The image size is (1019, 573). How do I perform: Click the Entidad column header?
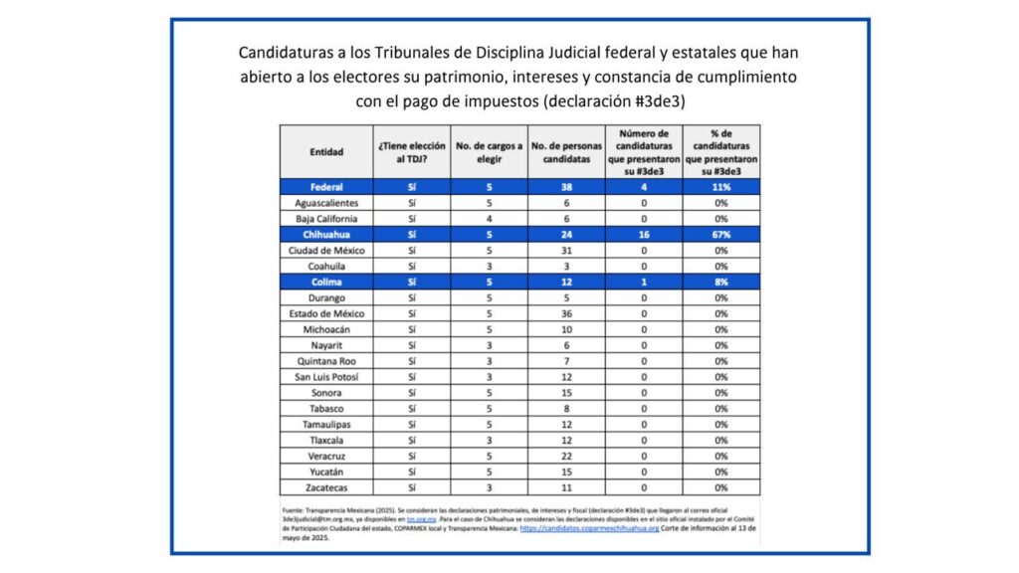tap(325, 152)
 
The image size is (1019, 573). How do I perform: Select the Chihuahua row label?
tap(325, 235)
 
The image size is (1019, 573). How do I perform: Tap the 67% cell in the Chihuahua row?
tap(721, 235)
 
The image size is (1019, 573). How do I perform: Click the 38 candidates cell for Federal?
tap(567, 186)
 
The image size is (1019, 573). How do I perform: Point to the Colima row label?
tap(325, 283)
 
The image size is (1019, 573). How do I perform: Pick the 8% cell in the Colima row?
tap(721, 283)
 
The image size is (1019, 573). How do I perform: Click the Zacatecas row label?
tap(325, 488)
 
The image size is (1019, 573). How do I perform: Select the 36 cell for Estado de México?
tap(567, 314)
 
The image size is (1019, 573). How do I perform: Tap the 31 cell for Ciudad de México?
tap(567, 251)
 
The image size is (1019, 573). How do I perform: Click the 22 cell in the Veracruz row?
tap(567, 457)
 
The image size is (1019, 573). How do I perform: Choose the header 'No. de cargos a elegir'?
tap(489, 152)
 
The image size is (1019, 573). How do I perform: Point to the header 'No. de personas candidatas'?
tap(567, 152)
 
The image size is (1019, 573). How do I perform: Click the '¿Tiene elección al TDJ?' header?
tap(411, 152)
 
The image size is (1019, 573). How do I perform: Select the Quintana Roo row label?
tap(325, 361)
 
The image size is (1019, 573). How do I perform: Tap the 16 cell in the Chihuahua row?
tap(644, 235)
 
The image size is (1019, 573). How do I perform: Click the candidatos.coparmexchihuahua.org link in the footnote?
tap(590, 529)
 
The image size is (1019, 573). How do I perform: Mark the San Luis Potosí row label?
tap(325, 377)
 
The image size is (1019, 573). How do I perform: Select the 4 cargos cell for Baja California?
tap(489, 219)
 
